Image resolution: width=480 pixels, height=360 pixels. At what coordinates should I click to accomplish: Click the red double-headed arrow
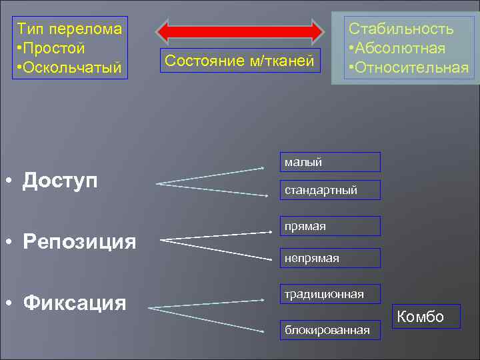(239, 31)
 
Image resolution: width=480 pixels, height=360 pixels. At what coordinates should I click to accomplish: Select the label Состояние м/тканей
(239, 61)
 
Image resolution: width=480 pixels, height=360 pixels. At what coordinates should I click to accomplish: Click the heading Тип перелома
(69, 29)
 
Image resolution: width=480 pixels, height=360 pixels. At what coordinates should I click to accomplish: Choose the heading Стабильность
(401, 29)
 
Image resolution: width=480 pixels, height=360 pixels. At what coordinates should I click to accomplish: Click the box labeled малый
(329, 162)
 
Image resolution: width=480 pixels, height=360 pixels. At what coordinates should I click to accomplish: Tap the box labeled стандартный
(329, 190)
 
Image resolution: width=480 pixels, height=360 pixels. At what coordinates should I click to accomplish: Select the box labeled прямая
(329, 226)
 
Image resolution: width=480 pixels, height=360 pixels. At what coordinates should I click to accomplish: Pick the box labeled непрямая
(329, 258)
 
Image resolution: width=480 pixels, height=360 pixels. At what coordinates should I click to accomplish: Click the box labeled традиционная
(329, 294)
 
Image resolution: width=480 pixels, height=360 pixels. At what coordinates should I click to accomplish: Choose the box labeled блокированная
(329, 330)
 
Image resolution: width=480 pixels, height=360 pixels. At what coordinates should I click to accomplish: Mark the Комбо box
(420, 317)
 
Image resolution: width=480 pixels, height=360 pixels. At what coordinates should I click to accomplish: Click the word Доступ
(60, 180)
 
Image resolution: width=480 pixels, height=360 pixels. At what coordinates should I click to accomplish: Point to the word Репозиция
(79, 241)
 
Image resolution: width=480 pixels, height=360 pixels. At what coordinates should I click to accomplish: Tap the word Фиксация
(74, 303)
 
